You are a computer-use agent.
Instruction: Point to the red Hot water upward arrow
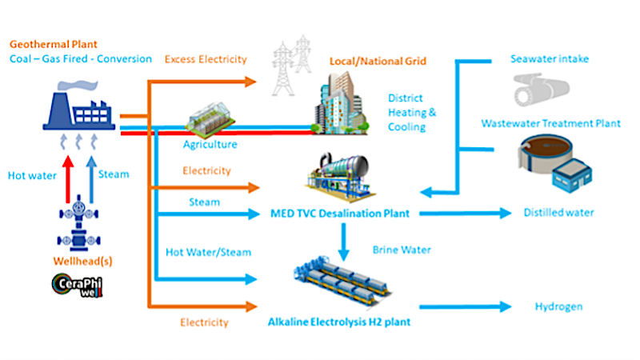point(67,180)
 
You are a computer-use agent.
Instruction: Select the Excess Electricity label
point(206,59)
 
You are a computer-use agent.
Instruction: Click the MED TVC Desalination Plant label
point(341,214)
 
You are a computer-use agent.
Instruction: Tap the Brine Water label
point(402,250)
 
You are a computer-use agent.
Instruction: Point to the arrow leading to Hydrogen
point(465,306)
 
